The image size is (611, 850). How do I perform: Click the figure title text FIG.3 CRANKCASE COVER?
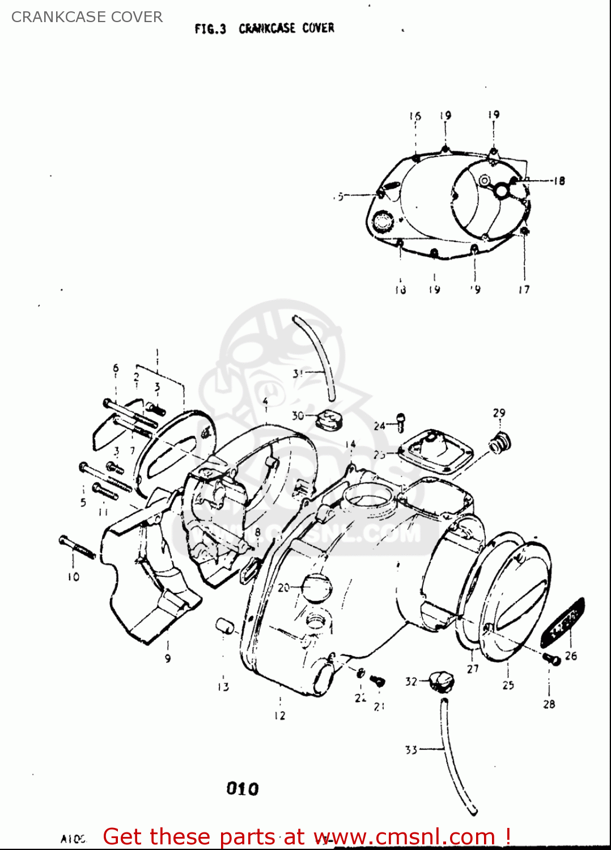click(264, 28)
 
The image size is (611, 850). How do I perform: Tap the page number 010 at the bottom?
click(242, 788)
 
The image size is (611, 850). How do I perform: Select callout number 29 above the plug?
click(499, 413)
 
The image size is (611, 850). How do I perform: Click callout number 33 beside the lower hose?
click(411, 750)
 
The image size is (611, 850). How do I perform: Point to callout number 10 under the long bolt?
click(74, 577)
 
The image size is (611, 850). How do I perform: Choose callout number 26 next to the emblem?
click(571, 656)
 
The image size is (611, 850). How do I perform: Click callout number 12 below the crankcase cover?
click(280, 716)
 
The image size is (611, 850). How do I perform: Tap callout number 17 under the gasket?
click(524, 290)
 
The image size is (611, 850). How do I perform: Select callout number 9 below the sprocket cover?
click(168, 658)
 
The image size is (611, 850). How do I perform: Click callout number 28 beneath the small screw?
click(549, 704)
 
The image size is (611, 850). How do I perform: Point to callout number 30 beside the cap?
click(298, 416)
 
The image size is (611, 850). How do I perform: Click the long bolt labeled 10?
click(78, 548)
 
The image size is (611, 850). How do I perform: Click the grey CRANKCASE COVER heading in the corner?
click(87, 17)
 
